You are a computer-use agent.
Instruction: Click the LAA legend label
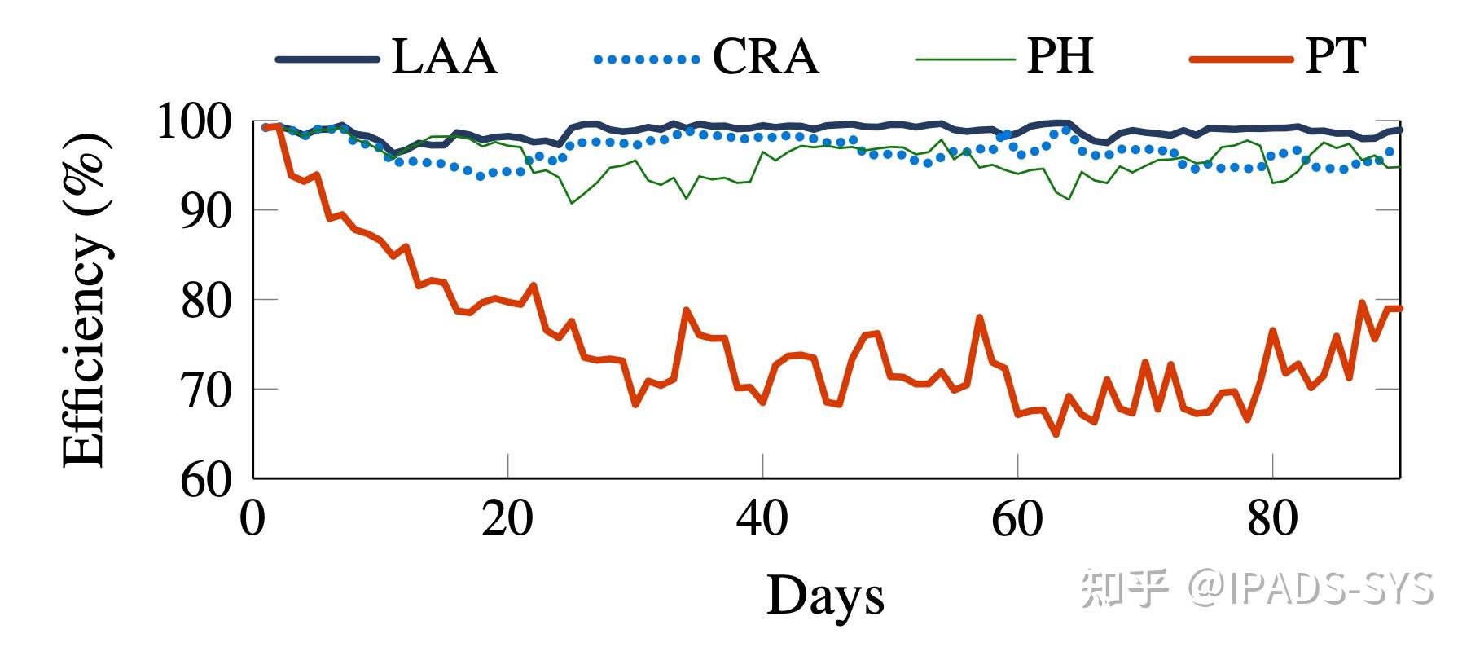pyautogui.click(x=444, y=57)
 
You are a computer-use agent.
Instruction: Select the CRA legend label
pyautogui.click(x=765, y=57)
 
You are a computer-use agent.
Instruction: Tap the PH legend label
pyautogui.click(x=1059, y=57)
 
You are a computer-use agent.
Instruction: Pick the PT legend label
pyautogui.click(x=1335, y=57)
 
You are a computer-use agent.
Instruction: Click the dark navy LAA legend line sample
pyautogui.click(x=327, y=59)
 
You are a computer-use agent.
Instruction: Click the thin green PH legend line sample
pyautogui.click(x=965, y=59)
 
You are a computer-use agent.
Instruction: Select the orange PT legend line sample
pyautogui.click(x=1240, y=59)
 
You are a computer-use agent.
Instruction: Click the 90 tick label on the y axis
pyautogui.click(x=206, y=211)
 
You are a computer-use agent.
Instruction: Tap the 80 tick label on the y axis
pyautogui.click(x=206, y=301)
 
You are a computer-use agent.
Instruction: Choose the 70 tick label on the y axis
pyautogui.click(x=206, y=390)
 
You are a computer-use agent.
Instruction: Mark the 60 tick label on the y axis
pyautogui.click(x=206, y=479)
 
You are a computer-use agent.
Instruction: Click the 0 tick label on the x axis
pyautogui.click(x=253, y=518)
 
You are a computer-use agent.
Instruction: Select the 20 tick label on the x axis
pyautogui.click(x=507, y=518)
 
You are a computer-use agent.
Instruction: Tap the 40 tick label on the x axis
pyautogui.click(x=762, y=518)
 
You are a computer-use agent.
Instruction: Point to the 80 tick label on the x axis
pyautogui.click(x=1272, y=518)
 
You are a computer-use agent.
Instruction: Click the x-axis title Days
pyautogui.click(x=825, y=596)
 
